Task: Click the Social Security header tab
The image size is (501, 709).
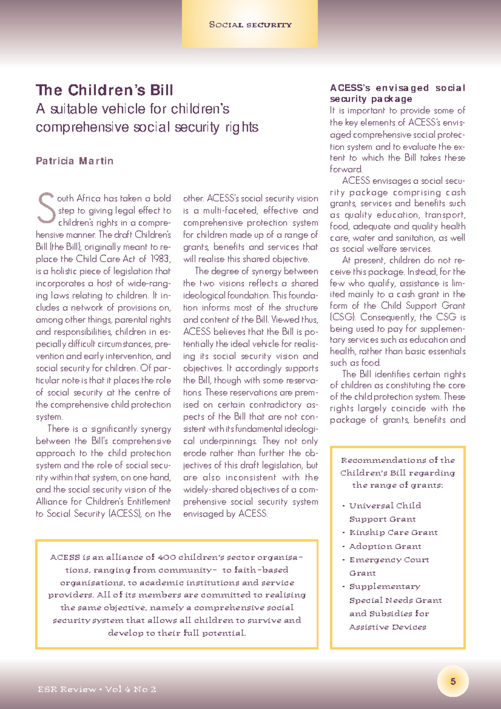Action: [250, 25]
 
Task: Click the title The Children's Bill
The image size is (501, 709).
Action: [104, 90]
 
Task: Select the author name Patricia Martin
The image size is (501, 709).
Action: [74, 161]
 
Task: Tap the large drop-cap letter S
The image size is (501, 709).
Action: [46, 208]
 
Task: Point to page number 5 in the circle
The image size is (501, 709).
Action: [453, 682]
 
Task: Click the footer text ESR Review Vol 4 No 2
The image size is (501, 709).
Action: [97, 689]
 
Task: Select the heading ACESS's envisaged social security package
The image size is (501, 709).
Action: [397, 93]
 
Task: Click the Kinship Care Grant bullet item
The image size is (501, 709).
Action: [393, 532]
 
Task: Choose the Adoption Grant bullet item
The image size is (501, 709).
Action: [385, 546]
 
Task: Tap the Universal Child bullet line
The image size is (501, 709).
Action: [385, 506]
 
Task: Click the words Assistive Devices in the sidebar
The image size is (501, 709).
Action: [387, 627]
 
